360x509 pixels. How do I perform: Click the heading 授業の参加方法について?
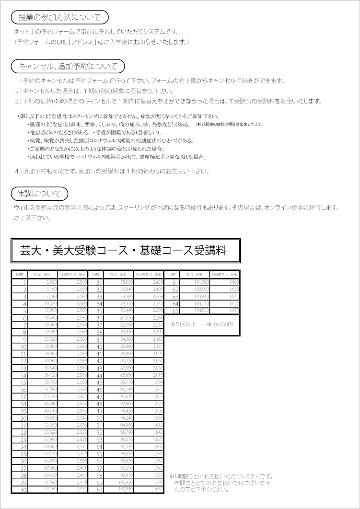59,18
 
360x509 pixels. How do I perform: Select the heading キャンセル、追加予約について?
67,66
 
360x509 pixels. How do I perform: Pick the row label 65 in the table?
175,311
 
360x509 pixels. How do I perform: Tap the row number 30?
23,489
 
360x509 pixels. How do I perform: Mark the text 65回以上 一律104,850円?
202,324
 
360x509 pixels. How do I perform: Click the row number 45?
100,382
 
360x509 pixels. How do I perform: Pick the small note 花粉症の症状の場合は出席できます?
229,124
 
